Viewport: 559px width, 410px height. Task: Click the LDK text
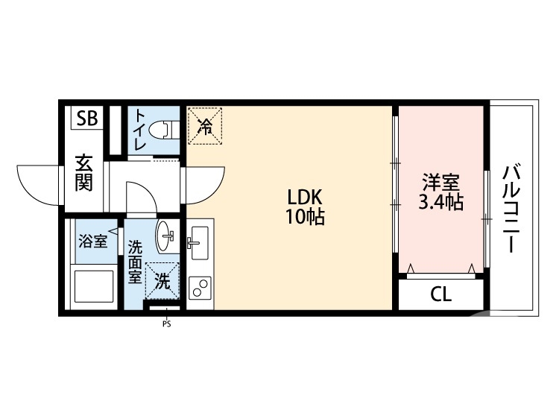[305, 198]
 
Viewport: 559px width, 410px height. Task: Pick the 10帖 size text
[305, 218]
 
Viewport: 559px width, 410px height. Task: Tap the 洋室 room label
[440, 183]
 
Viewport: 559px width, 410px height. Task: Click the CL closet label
[440, 295]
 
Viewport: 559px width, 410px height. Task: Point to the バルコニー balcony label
[511, 208]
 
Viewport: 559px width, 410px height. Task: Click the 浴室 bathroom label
[93, 241]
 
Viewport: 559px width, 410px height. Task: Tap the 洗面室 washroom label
[135, 260]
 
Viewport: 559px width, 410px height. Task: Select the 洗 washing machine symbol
[163, 282]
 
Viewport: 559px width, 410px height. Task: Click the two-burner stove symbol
[199, 287]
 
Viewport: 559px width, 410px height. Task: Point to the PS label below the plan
[165, 324]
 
